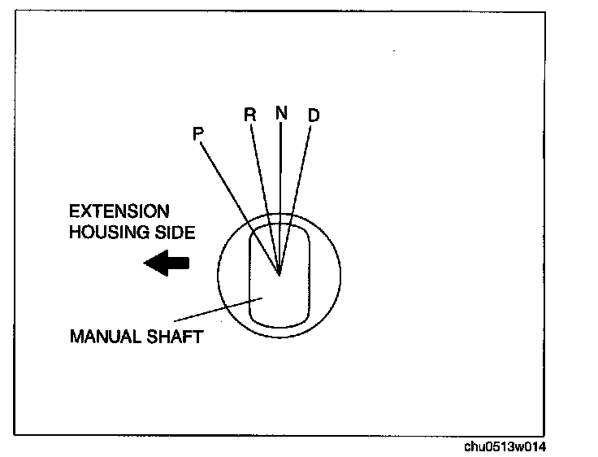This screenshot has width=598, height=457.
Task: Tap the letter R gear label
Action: [250, 115]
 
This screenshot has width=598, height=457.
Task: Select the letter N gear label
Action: [280, 112]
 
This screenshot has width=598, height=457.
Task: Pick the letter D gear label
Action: [314, 115]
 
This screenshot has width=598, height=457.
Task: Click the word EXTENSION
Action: [119, 211]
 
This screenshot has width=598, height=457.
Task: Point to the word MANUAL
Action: [103, 337]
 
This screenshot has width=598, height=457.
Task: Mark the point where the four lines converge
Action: [279, 275]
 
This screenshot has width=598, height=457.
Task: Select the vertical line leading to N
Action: [279, 187]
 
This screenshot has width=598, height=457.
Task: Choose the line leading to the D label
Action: [296, 195]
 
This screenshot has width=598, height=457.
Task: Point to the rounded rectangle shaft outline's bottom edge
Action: [279, 328]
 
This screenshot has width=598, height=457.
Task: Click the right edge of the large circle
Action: [341, 276]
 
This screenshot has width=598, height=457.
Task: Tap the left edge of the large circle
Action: [218, 276]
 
